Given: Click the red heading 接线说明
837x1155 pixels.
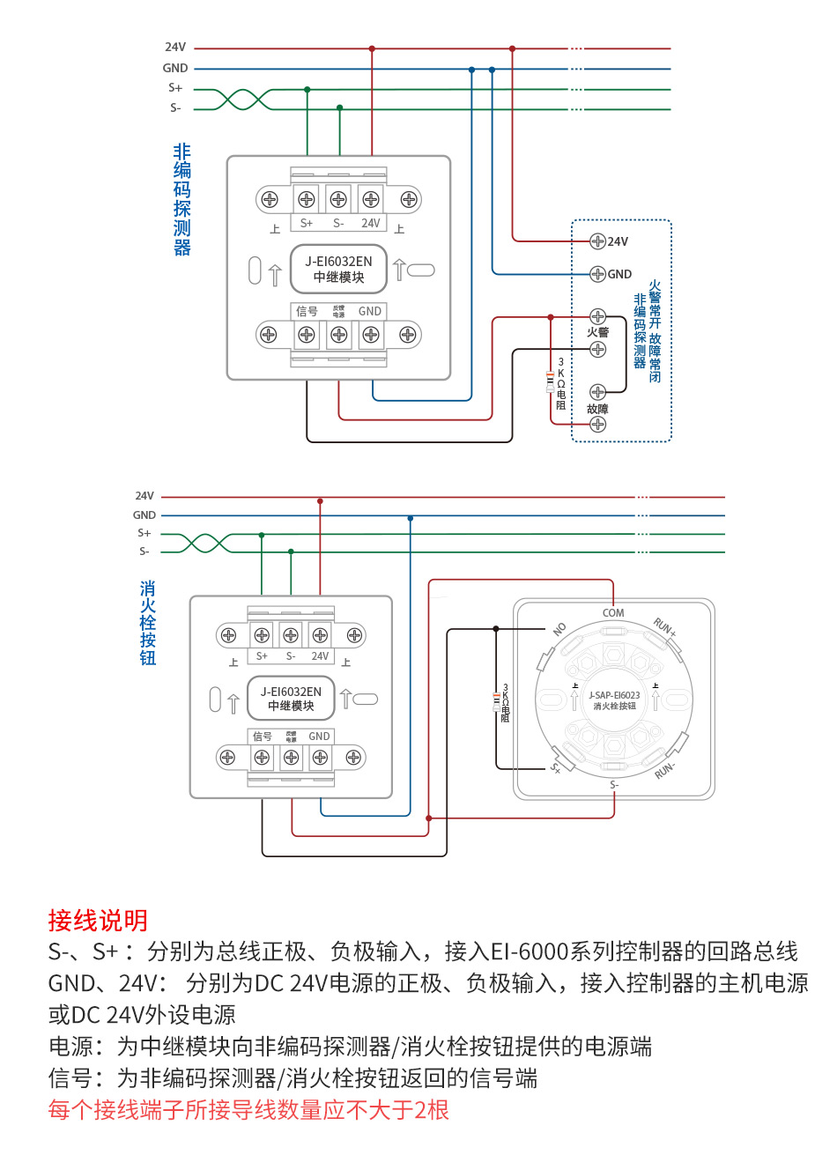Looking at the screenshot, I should [x=98, y=921].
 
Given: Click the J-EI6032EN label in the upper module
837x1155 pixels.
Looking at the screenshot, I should [x=338, y=262].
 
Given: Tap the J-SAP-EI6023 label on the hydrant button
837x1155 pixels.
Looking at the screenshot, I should [x=614, y=695].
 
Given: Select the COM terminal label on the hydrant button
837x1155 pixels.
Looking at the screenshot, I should [x=613, y=612].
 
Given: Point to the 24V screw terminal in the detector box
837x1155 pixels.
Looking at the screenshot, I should [x=597, y=241].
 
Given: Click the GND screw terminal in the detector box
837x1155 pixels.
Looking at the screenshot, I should [x=597, y=274].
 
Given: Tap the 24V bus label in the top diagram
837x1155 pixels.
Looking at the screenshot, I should [x=175, y=48].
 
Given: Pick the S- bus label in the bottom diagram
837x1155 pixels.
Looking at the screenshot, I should [x=144, y=552].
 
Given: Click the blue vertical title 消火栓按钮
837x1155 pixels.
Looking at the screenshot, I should [x=148, y=623].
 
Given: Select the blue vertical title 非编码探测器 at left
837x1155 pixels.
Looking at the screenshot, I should [x=182, y=200].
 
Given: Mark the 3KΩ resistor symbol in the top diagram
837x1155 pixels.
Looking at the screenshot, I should [x=551, y=381].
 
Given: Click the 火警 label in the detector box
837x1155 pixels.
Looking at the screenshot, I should [x=597, y=332].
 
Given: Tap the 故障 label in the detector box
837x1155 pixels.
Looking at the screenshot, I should [x=597, y=409].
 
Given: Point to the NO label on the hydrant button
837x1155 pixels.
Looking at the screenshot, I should [x=559, y=629].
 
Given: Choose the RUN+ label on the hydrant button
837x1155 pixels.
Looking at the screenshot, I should [x=664, y=627].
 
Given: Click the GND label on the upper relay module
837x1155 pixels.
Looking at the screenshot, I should [x=370, y=311].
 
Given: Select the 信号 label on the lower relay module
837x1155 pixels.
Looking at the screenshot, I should [x=263, y=737].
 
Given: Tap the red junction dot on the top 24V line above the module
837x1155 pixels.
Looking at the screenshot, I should [x=372, y=48].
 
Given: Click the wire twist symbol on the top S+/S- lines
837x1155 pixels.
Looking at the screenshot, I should [x=245, y=99].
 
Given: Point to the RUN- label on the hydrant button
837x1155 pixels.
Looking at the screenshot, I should [x=664, y=770].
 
